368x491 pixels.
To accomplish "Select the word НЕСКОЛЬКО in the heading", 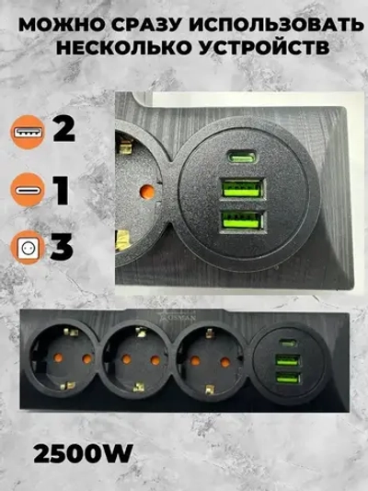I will click(x=123, y=50).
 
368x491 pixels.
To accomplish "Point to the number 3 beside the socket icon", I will click(x=63, y=247).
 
